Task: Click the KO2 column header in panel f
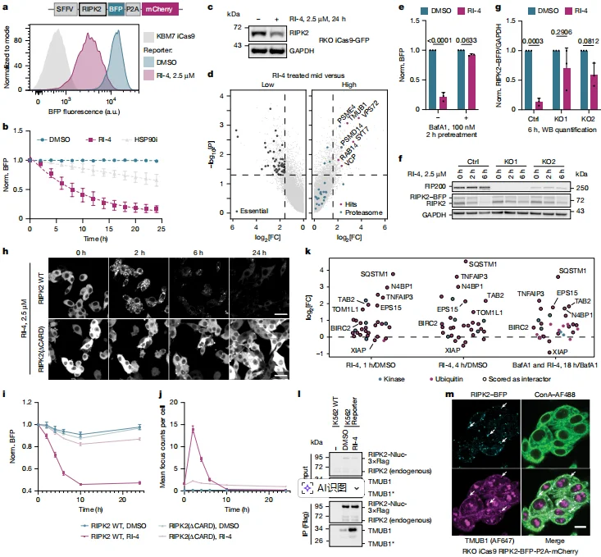click(549, 160)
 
